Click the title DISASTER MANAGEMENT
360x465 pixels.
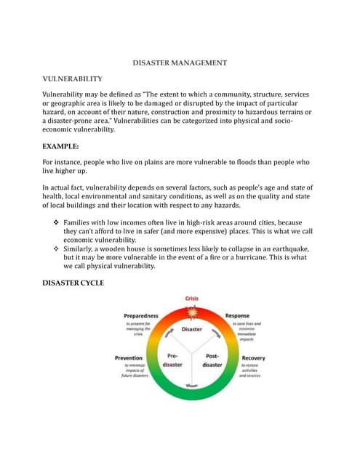180,63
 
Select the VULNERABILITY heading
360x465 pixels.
73,78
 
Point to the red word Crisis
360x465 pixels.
192,299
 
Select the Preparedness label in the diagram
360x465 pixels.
141,316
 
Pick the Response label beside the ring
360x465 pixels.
237,316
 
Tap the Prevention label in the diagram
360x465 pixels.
129,358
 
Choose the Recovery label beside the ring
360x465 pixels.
253,358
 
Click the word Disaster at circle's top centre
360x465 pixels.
192,329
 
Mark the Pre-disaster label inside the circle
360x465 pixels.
173,360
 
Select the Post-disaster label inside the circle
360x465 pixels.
213,360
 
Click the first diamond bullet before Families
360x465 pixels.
57,222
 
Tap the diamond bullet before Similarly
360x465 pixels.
57,248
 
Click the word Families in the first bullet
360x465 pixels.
80,222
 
